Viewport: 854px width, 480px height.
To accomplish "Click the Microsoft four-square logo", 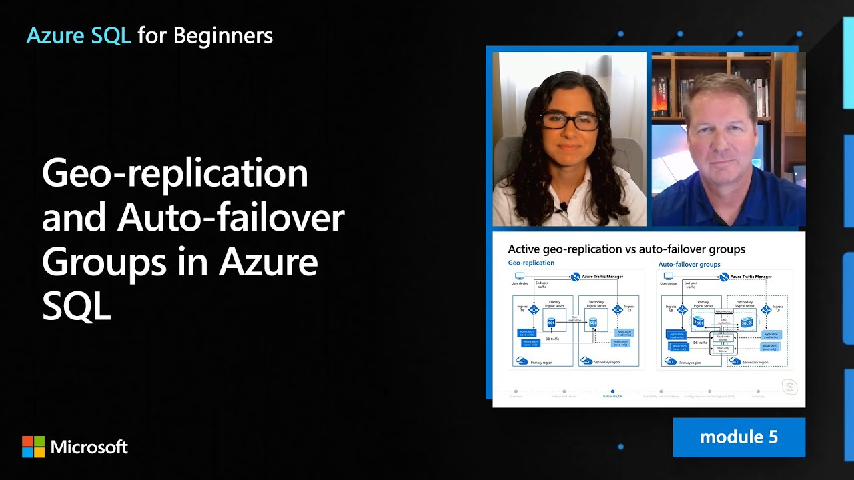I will coord(33,447).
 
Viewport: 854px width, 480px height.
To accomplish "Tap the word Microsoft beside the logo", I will coord(89,447).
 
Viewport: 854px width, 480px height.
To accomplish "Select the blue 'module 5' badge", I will coord(739,437).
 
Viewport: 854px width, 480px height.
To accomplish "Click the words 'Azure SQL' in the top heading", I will coord(78,36).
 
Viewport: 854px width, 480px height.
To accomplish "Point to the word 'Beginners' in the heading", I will coord(223,36).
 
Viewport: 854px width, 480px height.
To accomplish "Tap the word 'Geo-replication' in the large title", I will coord(175,173).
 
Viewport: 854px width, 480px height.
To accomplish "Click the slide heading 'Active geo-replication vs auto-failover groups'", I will coord(626,249).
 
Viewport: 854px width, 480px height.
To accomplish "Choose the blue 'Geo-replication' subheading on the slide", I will coord(531,263).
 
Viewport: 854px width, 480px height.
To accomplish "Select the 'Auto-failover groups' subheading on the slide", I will coord(689,265).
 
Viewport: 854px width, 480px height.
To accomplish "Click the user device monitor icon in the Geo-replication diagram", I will coord(519,276).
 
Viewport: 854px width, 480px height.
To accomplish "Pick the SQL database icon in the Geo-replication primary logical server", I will coord(551,323).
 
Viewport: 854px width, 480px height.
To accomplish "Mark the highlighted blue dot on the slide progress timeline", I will coord(612,391).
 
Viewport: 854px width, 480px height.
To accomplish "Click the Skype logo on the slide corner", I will coord(790,387).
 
